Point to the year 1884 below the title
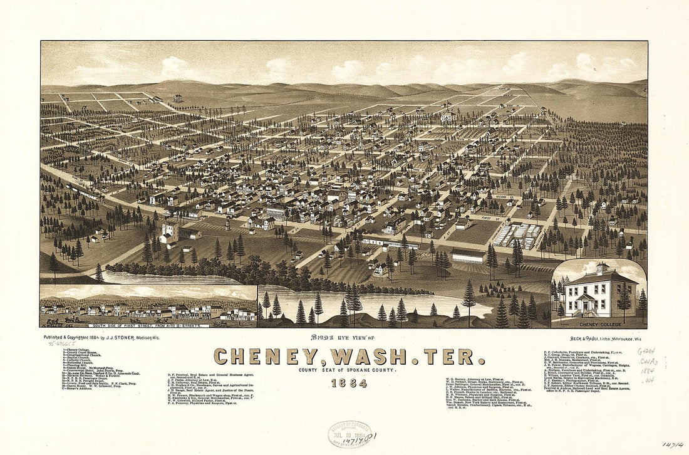[x=349, y=384]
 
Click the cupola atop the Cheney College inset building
[x=603, y=268]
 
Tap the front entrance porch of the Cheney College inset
[x=586, y=303]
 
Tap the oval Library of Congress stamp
[x=349, y=433]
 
